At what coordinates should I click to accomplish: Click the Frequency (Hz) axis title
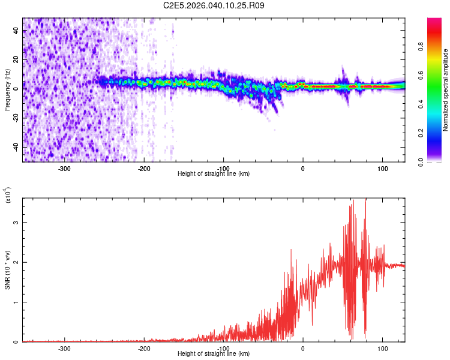coord(7,89)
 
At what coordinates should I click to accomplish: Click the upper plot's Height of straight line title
coord(214,173)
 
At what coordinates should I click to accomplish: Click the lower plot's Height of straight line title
coord(214,353)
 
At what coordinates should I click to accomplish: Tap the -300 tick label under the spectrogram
coord(64,168)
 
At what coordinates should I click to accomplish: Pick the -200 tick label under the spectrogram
coord(144,168)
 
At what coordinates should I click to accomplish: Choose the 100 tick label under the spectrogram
coord(382,168)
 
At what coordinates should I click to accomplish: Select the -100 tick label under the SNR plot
coord(223,348)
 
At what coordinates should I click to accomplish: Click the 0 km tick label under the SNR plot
coord(303,348)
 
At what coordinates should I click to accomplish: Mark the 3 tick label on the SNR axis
coord(17,223)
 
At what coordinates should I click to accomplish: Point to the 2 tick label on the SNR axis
coord(17,262)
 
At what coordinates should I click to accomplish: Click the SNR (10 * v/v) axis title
coord(8,270)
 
